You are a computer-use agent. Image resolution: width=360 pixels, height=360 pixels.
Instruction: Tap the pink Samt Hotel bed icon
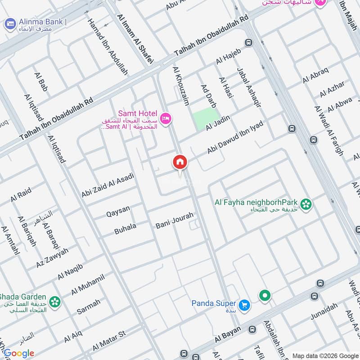tap(166, 118)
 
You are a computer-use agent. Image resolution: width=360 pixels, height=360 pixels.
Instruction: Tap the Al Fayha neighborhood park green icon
tap(306, 204)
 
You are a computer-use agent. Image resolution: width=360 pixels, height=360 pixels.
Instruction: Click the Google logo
tap(18, 353)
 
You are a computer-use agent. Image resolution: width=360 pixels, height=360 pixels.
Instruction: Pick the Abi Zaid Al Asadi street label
tap(108, 185)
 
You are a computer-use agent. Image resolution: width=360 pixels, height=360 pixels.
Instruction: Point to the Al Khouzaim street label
tap(180, 86)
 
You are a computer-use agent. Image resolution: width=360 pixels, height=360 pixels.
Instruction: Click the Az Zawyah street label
tap(53, 258)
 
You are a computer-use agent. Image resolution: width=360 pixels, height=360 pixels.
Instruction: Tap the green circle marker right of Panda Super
tap(265, 296)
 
